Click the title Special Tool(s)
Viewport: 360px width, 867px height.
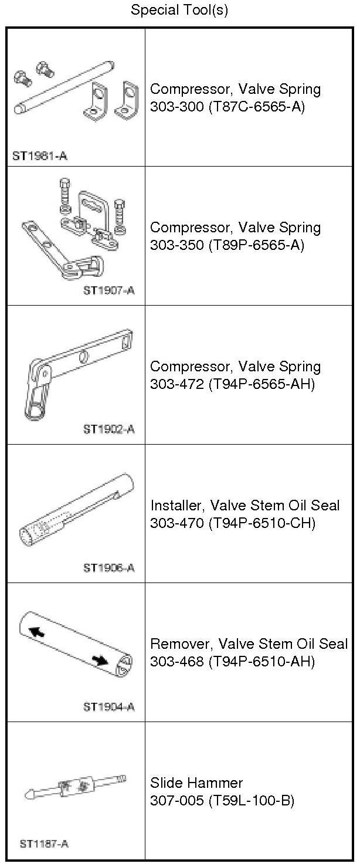pyautogui.click(x=179, y=9)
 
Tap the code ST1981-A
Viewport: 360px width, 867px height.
pyautogui.click(x=40, y=156)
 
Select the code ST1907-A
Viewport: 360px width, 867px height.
pyautogui.click(x=109, y=290)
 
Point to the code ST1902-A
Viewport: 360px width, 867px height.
pyautogui.click(x=109, y=429)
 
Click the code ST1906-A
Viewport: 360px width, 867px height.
pyautogui.click(x=109, y=568)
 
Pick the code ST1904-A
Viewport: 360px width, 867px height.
pyautogui.click(x=109, y=707)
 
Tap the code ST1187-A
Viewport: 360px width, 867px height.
pyautogui.click(x=44, y=844)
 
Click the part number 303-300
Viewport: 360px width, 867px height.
pyautogui.click(x=176, y=106)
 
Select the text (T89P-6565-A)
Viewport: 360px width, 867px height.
pyautogui.click(x=256, y=245)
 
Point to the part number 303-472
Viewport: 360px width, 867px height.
pyautogui.click(x=176, y=384)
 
